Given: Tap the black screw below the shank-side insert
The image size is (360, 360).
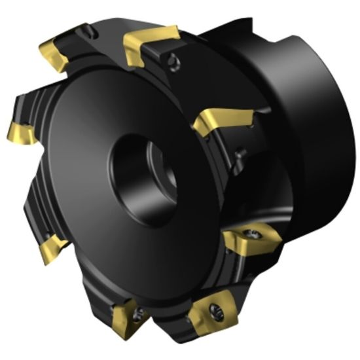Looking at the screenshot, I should (240, 155).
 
